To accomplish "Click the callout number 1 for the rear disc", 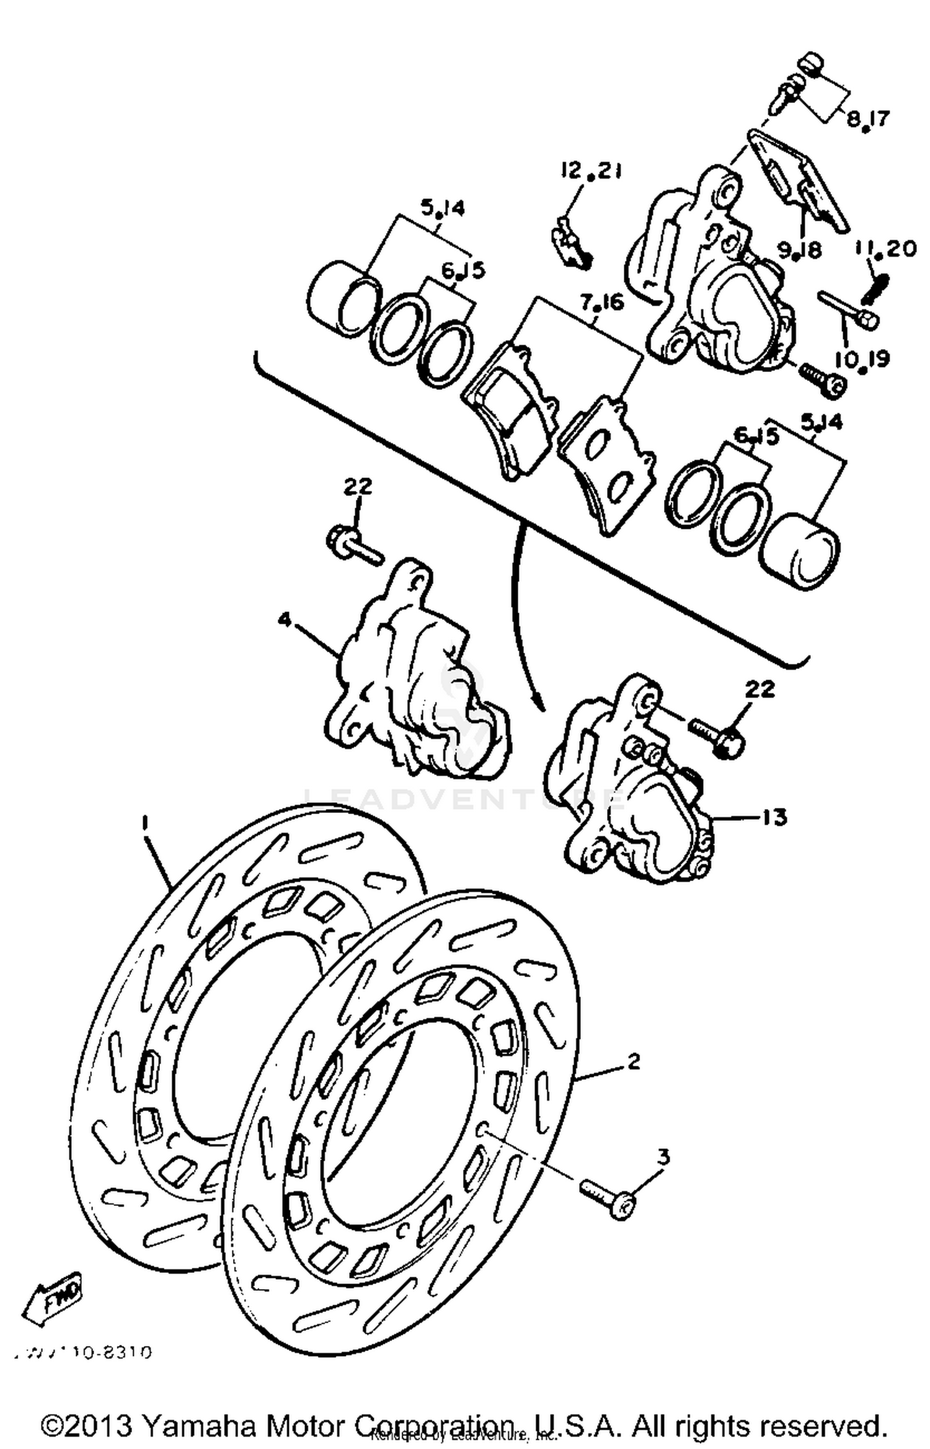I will (x=144, y=822).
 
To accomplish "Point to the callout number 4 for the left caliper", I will (x=284, y=619).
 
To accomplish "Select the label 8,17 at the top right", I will (x=867, y=118).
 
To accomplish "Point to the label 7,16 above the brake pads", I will (x=602, y=304).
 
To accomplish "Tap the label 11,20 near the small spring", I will (x=885, y=249).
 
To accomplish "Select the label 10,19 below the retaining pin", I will (x=862, y=360).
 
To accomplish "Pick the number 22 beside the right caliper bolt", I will (x=760, y=689).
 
